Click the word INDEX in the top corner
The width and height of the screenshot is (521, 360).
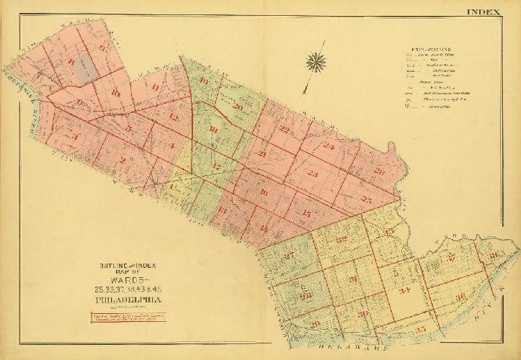(x=488, y=12)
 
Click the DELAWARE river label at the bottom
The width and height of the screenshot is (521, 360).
(x=347, y=348)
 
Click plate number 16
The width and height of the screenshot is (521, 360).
(x=264, y=192)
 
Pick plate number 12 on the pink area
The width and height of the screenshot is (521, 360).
(x=172, y=117)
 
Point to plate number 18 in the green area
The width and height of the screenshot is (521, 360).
(x=213, y=130)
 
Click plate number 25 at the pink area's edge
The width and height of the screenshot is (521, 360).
(x=367, y=199)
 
